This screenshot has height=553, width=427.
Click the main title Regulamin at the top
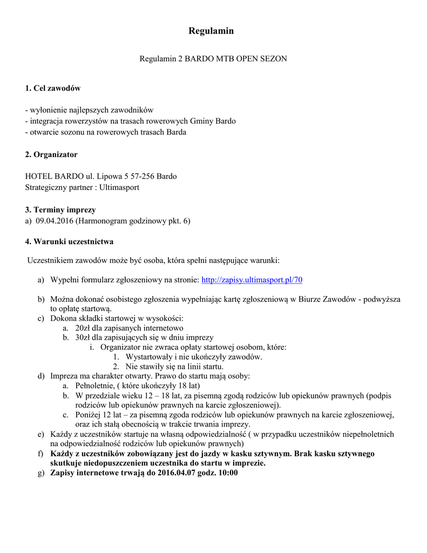211,31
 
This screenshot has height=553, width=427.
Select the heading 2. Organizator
51,154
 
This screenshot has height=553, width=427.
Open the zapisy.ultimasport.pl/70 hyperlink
252,280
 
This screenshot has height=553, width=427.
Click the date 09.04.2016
56,221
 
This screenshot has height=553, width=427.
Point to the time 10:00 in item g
227,473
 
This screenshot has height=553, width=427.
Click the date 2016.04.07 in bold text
177,473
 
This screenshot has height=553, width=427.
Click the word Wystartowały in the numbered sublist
149,357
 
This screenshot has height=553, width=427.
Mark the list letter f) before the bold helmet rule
40,454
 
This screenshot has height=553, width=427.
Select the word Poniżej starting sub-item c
90,415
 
